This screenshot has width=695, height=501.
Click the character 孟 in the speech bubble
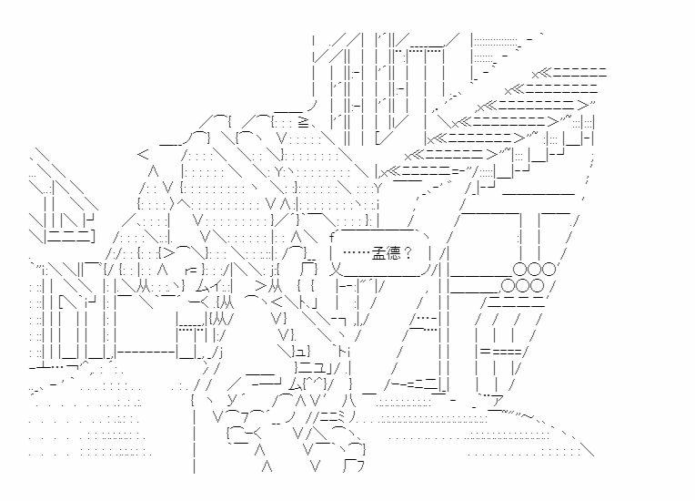tap(378, 254)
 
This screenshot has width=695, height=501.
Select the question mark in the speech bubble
tap(408, 254)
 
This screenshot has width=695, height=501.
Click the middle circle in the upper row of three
tap(533, 269)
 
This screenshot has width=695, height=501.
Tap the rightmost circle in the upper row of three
tap(548, 269)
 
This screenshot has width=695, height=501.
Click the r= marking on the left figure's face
tap(191, 270)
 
